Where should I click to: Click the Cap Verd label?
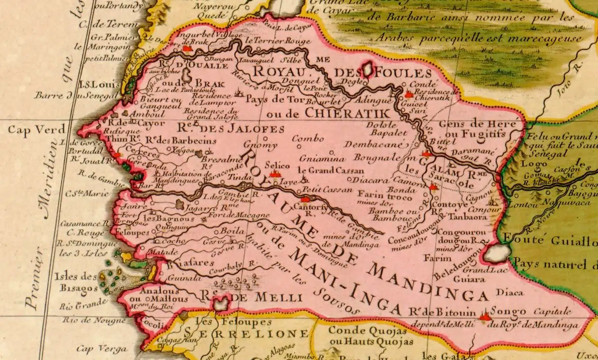[x=37, y=130]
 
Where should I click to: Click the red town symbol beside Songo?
[x=483, y=317]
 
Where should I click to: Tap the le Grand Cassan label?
[x=331, y=170]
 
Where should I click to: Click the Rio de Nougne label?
[x=94, y=320]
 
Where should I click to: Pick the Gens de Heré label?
[x=477, y=124]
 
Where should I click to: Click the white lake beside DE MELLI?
[x=221, y=303]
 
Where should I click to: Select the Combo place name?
[x=307, y=139]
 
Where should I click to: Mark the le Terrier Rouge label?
[x=278, y=41]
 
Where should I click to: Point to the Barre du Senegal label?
[x=77, y=96]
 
